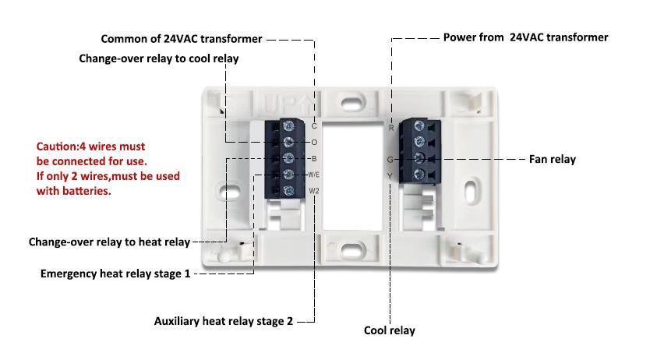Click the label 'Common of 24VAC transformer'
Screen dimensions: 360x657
click(x=182, y=39)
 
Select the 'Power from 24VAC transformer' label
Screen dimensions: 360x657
click(x=525, y=37)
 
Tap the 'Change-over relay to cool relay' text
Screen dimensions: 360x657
click(x=159, y=58)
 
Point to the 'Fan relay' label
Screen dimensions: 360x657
click(x=552, y=159)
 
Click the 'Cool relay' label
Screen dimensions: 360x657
click(x=390, y=330)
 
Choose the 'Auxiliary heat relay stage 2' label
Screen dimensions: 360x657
click(x=224, y=321)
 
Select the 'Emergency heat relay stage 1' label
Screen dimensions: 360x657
click(x=115, y=274)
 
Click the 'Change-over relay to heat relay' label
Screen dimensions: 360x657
click(x=109, y=242)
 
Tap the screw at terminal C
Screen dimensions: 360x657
click(x=289, y=125)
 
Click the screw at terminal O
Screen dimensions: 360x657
click(x=289, y=142)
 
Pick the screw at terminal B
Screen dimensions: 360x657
click(x=289, y=158)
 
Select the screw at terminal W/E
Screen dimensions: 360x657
click(x=289, y=175)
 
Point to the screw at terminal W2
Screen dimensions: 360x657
click(x=289, y=191)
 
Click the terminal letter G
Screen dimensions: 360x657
click(x=390, y=160)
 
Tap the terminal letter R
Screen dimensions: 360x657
click(x=391, y=128)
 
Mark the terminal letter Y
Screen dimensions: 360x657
click(x=390, y=177)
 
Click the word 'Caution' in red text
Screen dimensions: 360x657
click(x=56, y=146)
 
